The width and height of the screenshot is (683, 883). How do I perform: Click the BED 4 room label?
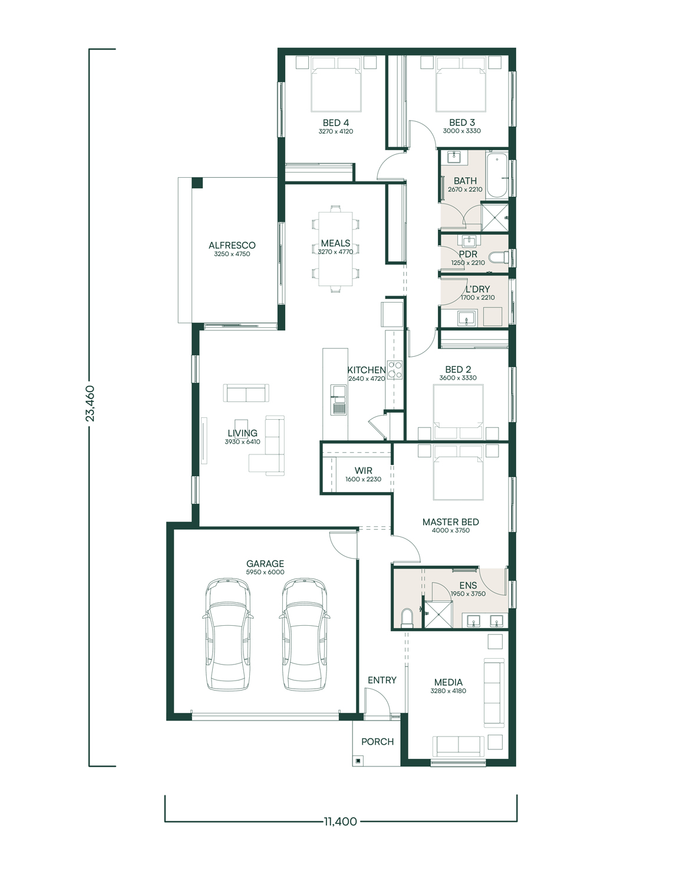click(335, 122)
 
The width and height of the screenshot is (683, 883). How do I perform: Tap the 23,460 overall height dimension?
click(90, 403)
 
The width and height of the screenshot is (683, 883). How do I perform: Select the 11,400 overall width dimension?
click(341, 821)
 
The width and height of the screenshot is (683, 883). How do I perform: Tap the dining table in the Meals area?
click(335, 248)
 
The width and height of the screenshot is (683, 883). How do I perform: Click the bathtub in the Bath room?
click(497, 175)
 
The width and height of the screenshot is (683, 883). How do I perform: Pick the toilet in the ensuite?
click(407, 618)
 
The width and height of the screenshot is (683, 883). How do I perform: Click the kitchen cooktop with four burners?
click(395, 370)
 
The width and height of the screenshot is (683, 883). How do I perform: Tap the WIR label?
click(363, 470)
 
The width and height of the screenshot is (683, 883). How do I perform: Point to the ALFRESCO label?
click(232, 245)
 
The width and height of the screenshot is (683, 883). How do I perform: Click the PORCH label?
click(378, 742)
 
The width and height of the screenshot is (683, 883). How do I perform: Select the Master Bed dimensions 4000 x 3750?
click(451, 530)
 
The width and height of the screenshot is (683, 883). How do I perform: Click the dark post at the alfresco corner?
click(197, 183)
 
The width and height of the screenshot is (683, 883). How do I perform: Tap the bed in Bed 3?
click(461, 84)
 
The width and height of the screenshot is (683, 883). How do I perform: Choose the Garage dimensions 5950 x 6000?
click(265, 572)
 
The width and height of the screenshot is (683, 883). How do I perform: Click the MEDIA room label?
click(448, 682)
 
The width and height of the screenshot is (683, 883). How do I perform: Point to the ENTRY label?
click(382, 680)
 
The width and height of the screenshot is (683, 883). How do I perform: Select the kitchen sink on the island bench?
click(338, 400)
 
